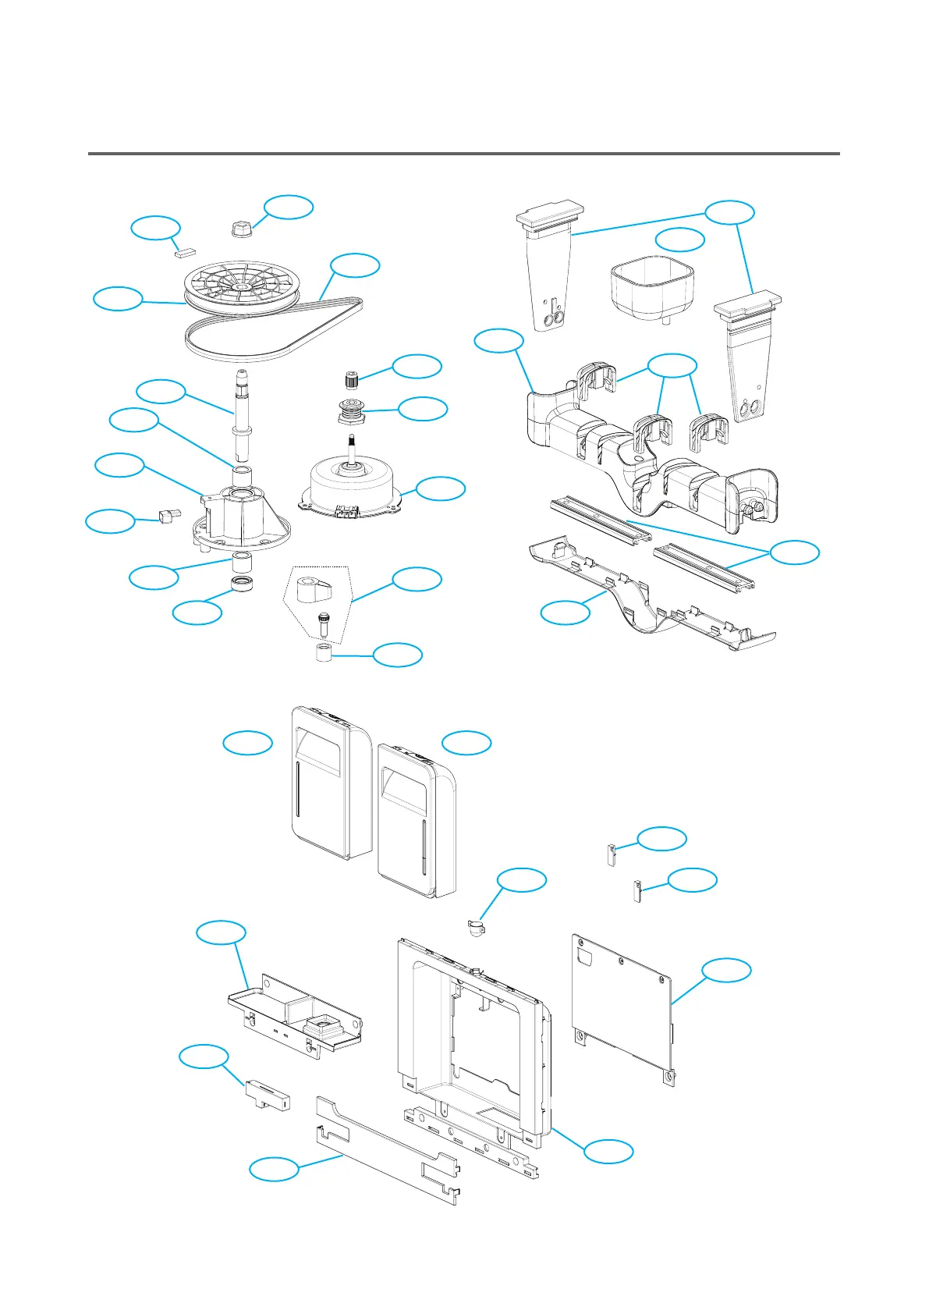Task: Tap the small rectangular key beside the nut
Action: [x=184, y=252]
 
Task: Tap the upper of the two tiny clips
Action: [x=612, y=854]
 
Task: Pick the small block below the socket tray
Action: [x=268, y=1094]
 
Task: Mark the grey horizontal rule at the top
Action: [x=463, y=154]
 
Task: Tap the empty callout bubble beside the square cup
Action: [x=679, y=240]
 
